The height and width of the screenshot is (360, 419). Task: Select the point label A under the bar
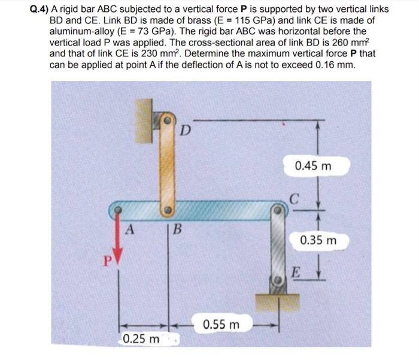pyautogui.click(x=130, y=229)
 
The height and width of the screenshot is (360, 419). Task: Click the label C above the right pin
pyautogui.click(x=293, y=197)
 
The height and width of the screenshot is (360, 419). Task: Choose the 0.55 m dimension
pyautogui.click(x=221, y=325)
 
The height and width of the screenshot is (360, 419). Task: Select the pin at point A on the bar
pyautogui.click(x=119, y=211)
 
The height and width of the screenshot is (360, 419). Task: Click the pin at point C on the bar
pyautogui.click(x=277, y=211)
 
